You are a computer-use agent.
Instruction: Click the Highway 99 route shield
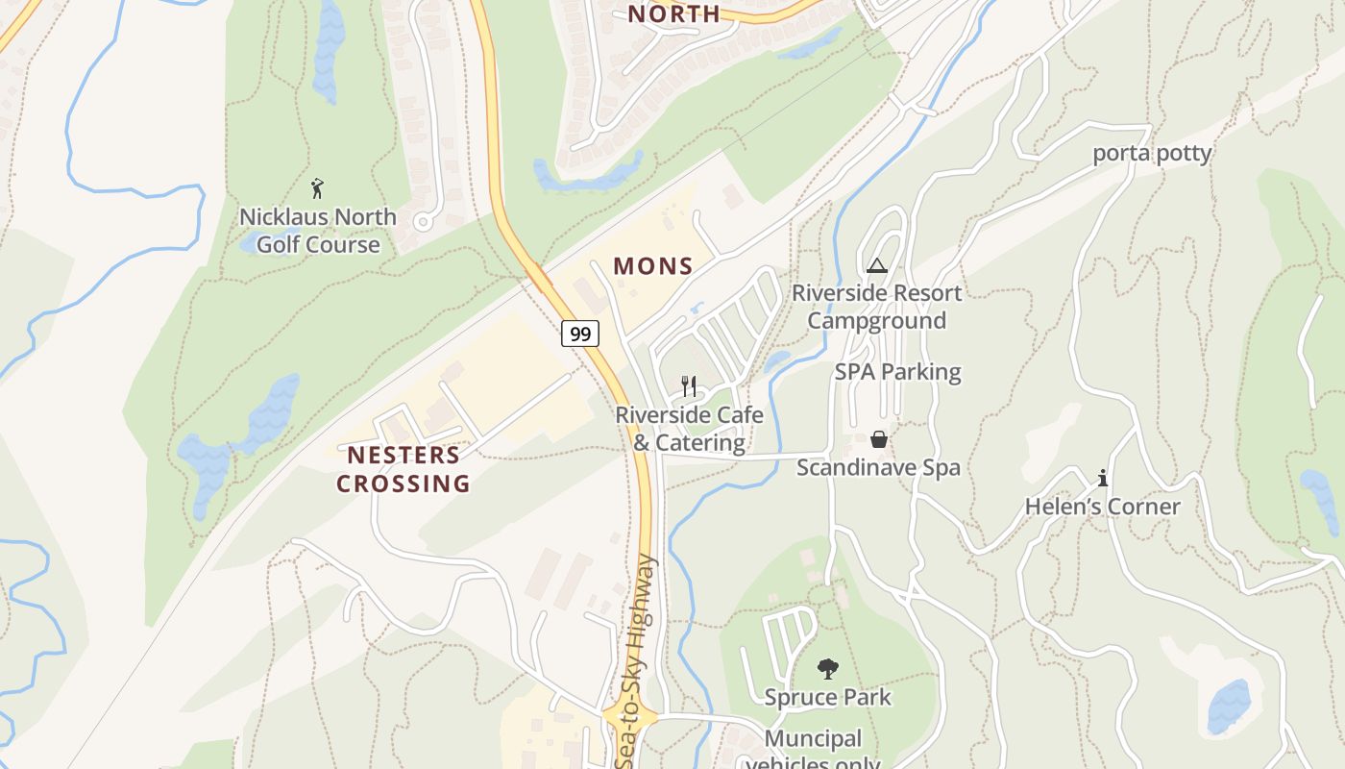(580, 334)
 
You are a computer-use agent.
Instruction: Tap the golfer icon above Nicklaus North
(317, 188)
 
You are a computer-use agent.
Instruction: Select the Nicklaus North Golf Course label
(317, 231)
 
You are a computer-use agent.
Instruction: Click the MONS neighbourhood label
(653, 266)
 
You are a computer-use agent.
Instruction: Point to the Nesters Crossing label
(403, 469)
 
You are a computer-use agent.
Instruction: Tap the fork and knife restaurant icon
(688, 386)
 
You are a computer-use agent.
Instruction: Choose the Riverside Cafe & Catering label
(689, 429)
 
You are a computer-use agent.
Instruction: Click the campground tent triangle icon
(876, 265)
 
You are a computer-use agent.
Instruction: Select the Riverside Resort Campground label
(876, 307)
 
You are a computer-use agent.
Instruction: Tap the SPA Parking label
(897, 372)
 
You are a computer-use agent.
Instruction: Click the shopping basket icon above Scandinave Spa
(878, 439)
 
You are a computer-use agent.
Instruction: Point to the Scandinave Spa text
(878, 468)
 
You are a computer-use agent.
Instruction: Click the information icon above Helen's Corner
(1103, 477)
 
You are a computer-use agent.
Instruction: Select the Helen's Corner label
(1102, 507)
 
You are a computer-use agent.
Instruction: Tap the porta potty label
(1152, 154)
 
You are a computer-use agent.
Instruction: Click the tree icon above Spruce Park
(827, 668)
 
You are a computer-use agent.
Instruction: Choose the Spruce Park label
(827, 697)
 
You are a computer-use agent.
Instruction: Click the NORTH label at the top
(673, 13)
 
